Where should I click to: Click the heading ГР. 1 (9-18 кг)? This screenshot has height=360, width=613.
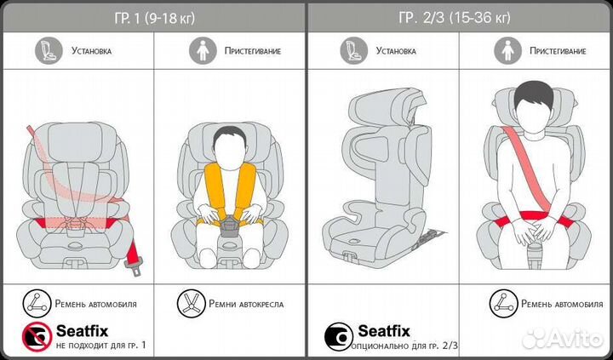[154, 18]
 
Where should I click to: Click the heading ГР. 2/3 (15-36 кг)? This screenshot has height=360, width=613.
[460, 18]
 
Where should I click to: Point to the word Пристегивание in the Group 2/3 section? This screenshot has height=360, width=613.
[557, 51]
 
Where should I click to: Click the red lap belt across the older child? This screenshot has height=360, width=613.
[527, 216]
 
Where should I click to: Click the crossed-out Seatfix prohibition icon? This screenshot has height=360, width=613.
[34, 335]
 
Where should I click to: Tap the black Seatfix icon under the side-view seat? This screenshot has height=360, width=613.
[337, 335]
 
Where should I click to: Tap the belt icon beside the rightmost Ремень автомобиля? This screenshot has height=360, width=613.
[500, 303]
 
